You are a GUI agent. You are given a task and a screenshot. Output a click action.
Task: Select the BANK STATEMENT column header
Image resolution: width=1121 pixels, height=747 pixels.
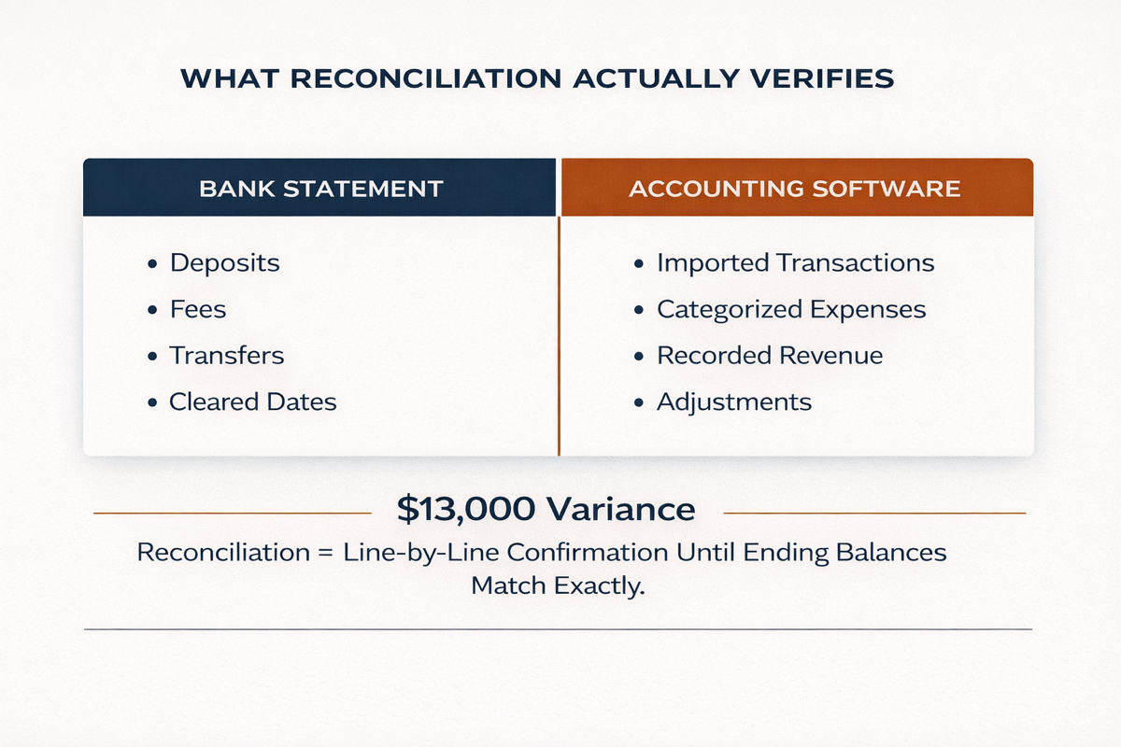(320, 189)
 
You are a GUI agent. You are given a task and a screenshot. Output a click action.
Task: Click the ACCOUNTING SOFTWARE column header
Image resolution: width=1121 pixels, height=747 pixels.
(794, 189)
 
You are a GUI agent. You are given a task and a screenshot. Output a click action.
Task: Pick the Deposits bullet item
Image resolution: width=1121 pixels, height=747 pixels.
(224, 263)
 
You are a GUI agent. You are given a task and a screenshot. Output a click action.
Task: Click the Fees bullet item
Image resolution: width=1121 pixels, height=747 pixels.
(197, 309)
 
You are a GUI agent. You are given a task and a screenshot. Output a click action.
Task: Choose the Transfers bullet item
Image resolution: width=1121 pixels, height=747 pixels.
(226, 356)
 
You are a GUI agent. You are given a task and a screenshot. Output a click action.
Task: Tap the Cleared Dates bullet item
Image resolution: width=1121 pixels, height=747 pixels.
(252, 402)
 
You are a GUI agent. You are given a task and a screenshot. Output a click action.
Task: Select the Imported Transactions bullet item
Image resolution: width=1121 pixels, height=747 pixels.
(795, 263)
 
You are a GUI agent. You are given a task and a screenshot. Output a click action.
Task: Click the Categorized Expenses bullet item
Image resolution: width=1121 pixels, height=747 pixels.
(791, 309)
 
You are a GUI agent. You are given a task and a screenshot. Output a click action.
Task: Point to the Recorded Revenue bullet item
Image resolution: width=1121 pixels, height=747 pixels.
(769, 356)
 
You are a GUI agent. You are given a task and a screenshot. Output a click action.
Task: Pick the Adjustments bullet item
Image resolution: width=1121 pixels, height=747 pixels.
(733, 402)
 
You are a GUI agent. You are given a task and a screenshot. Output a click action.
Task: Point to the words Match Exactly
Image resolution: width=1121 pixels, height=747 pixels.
(559, 588)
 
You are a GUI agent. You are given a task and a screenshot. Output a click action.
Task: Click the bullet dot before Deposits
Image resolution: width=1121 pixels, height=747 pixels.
(152, 264)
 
